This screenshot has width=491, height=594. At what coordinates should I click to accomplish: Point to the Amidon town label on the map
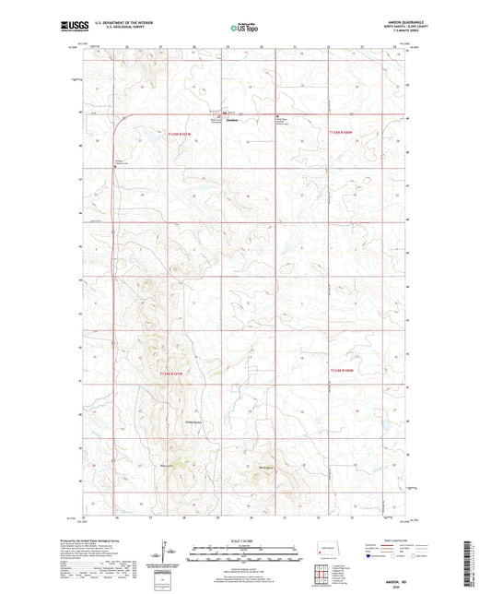tap(233, 121)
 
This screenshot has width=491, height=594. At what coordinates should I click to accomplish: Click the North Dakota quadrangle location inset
tap(328, 545)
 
